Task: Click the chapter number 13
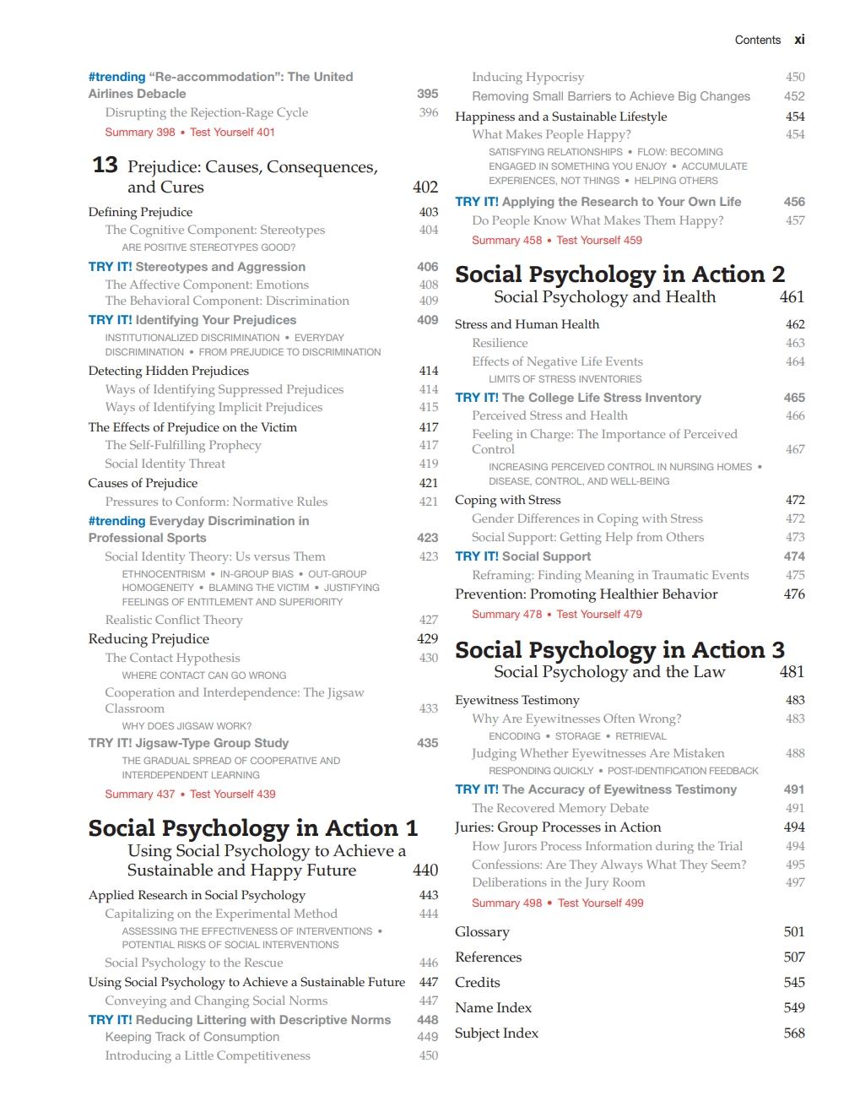(105, 165)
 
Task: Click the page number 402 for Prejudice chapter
(425, 187)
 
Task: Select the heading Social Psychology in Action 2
(619, 274)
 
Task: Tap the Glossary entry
(482, 932)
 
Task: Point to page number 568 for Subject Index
(794, 1033)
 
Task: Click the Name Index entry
(493, 1008)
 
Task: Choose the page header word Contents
(757, 40)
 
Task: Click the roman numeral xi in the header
(799, 40)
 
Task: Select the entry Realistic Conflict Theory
(173, 620)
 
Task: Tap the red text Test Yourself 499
(600, 903)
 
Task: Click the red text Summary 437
(140, 794)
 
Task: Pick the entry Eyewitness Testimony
(517, 700)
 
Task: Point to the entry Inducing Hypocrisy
(527, 77)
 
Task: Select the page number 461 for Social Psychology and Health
(792, 297)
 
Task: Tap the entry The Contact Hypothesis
(172, 658)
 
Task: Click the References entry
(488, 957)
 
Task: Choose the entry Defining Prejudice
(140, 212)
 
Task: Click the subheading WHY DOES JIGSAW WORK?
(187, 726)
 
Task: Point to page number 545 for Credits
(794, 983)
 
